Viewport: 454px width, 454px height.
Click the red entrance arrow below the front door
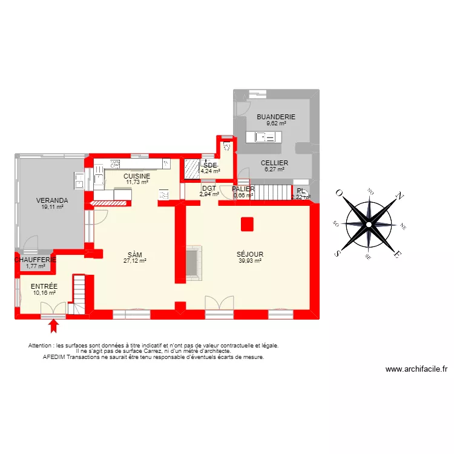pos(54,326)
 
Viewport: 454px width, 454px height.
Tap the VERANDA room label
pos(51,200)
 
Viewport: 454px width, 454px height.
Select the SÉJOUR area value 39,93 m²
pos(249,261)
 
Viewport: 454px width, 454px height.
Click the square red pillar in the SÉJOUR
pos(246,224)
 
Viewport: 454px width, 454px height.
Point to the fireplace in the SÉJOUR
pos(194,263)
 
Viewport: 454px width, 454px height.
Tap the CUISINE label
pos(137,176)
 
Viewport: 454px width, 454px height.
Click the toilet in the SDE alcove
pos(227,146)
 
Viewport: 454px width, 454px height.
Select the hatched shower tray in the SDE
pos(192,168)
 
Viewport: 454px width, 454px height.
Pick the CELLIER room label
pos(274,163)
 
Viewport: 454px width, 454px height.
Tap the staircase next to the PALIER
pos(272,192)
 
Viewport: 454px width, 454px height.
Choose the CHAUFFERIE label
pos(36,260)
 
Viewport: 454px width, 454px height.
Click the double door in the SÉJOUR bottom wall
pos(219,305)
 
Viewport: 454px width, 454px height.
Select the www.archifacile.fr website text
pos(416,369)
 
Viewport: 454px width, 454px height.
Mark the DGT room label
pos(209,188)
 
